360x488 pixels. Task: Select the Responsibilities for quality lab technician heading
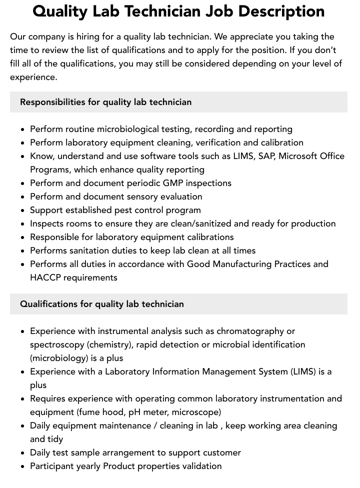pyautogui.click(x=105, y=102)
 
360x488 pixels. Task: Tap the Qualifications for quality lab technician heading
pyautogui.click(x=101, y=304)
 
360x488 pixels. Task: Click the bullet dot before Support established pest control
pyautogui.click(x=23, y=210)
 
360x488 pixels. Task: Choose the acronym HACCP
pyautogui.click(x=45, y=277)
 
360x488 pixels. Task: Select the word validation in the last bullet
pyautogui.click(x=201, y=466)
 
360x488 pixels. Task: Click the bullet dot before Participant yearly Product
pyautogui.click(x=23, y=466)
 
